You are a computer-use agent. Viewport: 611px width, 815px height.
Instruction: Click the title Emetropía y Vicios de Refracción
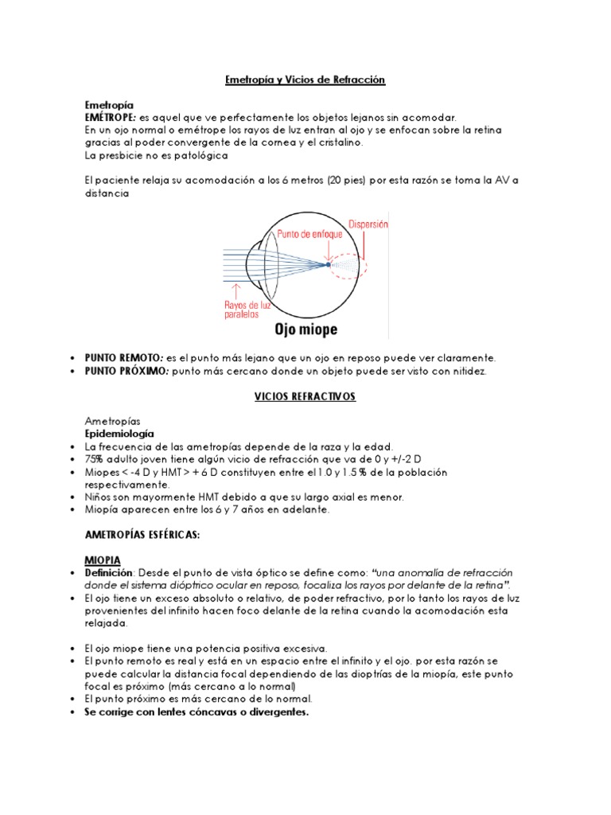click(x=305, y=80)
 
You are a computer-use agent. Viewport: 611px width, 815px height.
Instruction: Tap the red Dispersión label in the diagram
click(x=365, y=225)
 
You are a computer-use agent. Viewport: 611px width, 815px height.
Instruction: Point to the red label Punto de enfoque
click(x=309, y=235)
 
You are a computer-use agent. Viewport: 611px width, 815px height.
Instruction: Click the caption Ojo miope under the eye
click(x=305, y=329)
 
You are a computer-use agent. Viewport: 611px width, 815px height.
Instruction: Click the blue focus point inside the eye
click(x=329, y=264)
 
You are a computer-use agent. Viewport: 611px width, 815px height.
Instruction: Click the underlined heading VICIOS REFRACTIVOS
click(x=305, y=396)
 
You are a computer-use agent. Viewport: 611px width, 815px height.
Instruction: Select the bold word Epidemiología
click(x=119, y=434)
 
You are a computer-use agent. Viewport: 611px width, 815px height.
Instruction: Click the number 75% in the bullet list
click(x=94, y=459)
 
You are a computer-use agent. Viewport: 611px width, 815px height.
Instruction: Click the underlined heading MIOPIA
click(x=103, y=561)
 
